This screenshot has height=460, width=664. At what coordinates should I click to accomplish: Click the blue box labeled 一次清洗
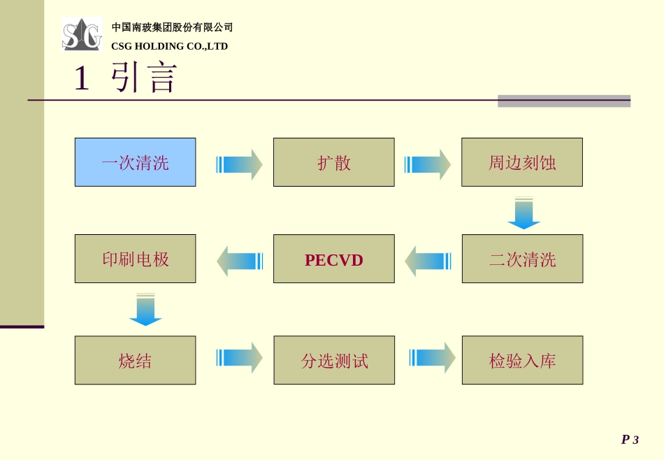coord(135,162)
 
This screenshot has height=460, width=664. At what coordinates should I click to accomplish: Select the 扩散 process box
coord(333,162)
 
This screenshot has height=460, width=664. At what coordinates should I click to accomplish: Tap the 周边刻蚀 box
coord(521,162)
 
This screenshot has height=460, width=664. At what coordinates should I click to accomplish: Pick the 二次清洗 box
coord(522,259)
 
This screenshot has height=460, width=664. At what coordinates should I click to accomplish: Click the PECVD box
coord(333,259)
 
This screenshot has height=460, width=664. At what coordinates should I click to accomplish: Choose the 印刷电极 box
coord(135,259)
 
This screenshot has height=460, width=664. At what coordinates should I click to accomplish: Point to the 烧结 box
coord(135,360)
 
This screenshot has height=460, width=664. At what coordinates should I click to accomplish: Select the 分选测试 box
coord(334,360)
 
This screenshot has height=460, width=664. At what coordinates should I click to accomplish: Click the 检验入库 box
coord(522,360)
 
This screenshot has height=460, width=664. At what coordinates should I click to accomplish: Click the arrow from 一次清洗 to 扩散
coord(239,164)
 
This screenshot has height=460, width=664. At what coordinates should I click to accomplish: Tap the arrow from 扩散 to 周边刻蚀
coord(427,164)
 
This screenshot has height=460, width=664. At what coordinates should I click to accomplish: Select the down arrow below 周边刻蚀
coord(524,213)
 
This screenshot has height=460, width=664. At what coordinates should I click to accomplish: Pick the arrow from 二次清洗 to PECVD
coord(428,261)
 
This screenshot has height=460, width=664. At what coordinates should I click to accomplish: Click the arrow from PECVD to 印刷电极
coord(240,261)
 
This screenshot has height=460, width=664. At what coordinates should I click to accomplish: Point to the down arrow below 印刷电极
coord(145,310)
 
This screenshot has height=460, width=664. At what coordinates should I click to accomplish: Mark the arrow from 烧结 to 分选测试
coord(239,357)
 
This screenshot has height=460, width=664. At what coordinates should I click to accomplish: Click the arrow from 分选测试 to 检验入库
coord(432,357)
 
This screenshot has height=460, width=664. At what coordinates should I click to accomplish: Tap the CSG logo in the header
coord(82,35)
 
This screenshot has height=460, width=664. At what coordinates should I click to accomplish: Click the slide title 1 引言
coord(126,78)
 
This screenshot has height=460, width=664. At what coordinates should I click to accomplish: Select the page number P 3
coord(630,440)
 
